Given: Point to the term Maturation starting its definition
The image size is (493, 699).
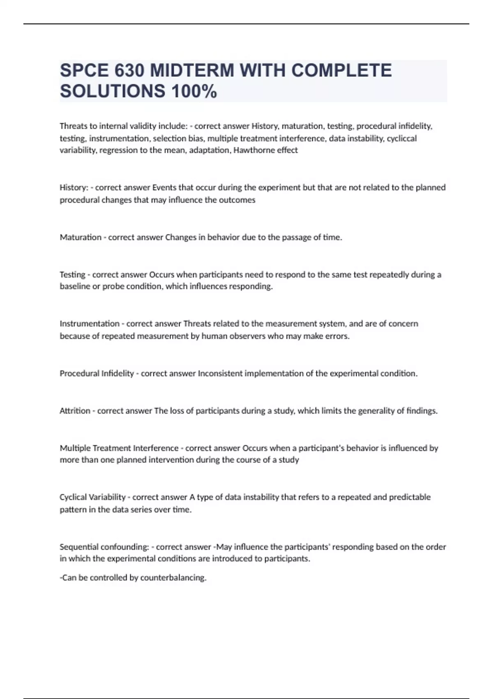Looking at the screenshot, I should (x=81, y=237).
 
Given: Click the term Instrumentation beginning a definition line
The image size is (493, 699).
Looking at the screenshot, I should (x=90, y=324).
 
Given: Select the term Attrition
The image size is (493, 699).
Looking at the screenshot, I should (x=75, y=410).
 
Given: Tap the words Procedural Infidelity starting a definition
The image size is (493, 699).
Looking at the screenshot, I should (x=97, y=373).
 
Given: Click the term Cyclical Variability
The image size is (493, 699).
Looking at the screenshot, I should (x=92, y=497).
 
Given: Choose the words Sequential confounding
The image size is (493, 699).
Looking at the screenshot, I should (x=104, y=547).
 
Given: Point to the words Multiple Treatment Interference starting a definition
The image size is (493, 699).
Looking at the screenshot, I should (x=119, y=448).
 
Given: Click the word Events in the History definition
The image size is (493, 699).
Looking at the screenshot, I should (x=164, y=187).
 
